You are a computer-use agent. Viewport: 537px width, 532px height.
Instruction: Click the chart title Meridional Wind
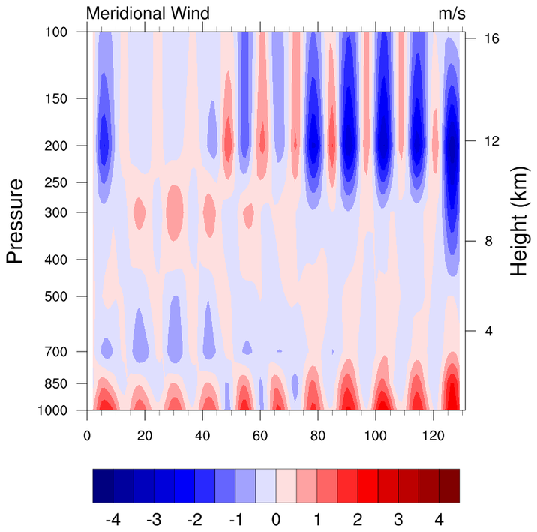[x=148, y=14]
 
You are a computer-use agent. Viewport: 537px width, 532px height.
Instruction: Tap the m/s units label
[x=451, y=14]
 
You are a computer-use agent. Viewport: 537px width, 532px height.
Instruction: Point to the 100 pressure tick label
[x=58, y=32]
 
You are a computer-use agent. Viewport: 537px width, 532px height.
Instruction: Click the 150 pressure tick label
[x=58, y=98]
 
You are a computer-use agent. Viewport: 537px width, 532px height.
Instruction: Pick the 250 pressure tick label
[x=58, y=182]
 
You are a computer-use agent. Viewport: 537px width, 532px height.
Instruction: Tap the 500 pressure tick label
[x=58, y=296]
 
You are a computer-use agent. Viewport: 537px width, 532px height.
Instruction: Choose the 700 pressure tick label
[x=58, y=351]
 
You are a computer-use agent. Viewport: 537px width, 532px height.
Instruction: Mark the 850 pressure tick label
[x=58, y=383]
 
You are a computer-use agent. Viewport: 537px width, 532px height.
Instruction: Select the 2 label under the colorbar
[x=357, y=519]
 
